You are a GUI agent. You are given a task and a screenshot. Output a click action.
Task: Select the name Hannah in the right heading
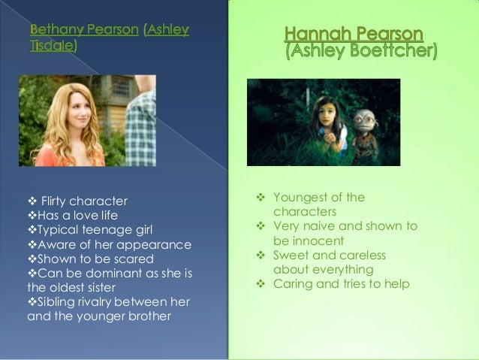coord(317,34)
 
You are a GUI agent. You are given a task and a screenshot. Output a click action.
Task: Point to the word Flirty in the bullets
coord(53,201)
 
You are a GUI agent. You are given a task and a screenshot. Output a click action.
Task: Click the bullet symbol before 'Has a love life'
coord(32,216)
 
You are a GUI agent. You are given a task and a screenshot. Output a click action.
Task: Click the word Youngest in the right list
coord(299,198)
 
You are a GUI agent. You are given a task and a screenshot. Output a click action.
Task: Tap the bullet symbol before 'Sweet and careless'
coord(261,255)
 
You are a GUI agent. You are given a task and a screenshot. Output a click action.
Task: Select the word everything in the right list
coord(343,270)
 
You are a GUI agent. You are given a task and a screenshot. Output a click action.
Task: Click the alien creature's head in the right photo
coord(365,120)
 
